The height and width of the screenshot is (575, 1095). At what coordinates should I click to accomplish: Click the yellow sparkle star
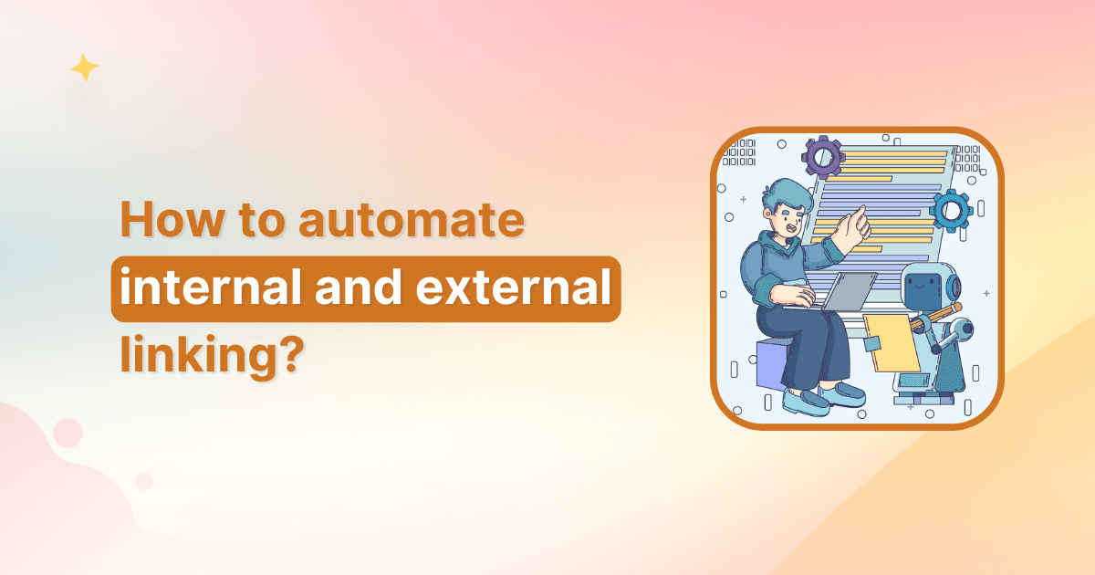[x=85, y=68]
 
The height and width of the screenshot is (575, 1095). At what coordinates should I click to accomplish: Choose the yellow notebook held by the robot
[x=892, y=342]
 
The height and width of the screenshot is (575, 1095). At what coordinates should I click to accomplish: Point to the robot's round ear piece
[x=954, y=286]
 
